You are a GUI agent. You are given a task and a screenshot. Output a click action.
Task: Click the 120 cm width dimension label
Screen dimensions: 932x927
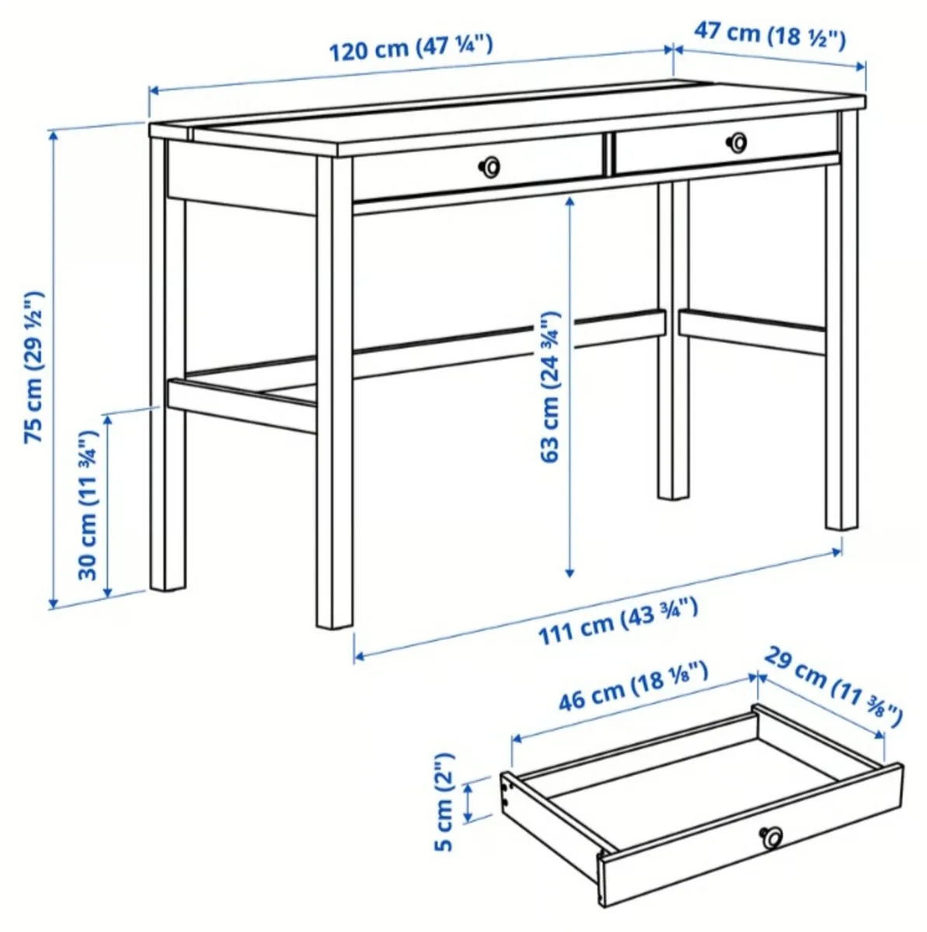coord(411,49)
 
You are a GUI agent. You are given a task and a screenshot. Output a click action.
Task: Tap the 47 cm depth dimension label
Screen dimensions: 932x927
coord(769,35)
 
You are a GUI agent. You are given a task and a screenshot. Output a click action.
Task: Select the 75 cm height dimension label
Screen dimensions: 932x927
coord(35,368)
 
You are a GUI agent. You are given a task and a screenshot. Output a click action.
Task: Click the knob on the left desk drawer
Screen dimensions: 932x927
coord(489,165)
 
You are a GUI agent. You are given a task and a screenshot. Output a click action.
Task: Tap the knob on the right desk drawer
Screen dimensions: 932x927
coord(737,141)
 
